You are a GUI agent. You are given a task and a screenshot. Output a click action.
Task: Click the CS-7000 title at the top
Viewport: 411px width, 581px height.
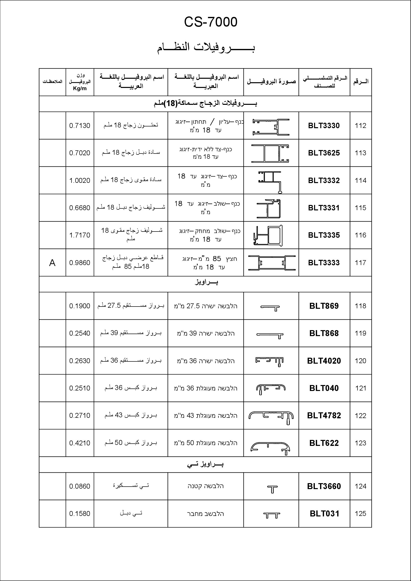point(210,22)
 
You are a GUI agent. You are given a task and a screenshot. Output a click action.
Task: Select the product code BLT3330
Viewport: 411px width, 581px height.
point(324,126)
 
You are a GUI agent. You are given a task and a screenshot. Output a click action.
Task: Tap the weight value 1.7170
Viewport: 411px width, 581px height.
point(80,235)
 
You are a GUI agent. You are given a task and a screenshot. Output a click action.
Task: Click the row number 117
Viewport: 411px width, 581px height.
point(360,263)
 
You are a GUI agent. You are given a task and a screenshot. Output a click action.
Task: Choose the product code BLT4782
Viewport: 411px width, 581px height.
point(324,416)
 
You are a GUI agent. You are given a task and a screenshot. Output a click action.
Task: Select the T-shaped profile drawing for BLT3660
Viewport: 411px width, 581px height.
point(272,489)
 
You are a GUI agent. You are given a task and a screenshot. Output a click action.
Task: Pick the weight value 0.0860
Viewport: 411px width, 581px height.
point(80,486)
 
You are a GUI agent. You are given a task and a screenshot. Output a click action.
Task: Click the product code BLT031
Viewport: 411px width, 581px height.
point(324,514)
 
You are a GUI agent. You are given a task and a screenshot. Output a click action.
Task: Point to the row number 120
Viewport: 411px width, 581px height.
point(360,361)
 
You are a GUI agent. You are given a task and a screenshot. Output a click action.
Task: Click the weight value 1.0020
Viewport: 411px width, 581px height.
point(80,181)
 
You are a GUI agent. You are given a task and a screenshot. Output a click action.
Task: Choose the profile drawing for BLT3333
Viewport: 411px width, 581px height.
point(272,263)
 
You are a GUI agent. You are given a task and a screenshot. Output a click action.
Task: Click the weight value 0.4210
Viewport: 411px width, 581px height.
point(80,443)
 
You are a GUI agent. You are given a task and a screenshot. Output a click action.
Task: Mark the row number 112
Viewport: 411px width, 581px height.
point(360,126)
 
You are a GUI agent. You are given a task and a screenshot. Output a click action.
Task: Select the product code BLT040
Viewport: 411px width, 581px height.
point(324,388)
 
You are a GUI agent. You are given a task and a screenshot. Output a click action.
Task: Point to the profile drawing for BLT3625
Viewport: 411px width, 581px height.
point(270,153)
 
